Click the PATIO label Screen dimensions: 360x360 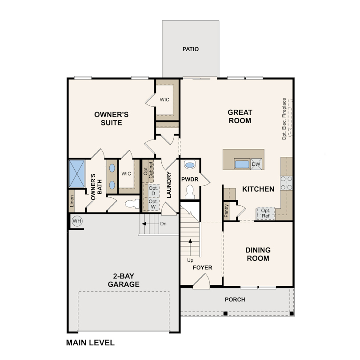click(x=191, y=49)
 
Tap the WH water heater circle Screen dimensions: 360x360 click(x=77, y=221)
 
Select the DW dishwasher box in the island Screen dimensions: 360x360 click(x=256, y=164)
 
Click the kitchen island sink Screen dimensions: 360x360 click(x=242, y=164)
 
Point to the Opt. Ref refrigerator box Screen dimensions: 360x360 click(x=265, y=213)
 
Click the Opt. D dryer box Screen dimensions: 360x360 click(x=153, y=191)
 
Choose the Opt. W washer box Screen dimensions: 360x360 click(x=153, y=204)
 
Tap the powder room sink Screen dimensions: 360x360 click(x=190, y=164)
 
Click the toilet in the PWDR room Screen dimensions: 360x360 click(x=190, y=192)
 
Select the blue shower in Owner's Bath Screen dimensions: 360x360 click(x=77, y=174)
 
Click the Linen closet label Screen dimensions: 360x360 click(x=72, y=201)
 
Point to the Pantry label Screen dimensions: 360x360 click(x=226, y=211)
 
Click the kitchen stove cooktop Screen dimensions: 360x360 click(x=287, y=183)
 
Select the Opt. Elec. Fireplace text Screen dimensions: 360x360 click(x=284, y=119)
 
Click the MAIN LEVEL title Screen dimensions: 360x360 click(x=90, y=343)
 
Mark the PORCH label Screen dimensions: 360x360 click(x=235, y=300)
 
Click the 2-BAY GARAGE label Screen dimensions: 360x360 click(x=124, y=280)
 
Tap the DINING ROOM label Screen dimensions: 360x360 click(x=258, y=254)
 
